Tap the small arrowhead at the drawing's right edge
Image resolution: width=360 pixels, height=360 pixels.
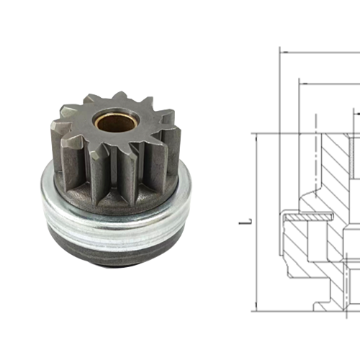coord(356,112)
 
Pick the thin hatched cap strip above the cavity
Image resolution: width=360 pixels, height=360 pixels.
coord(306,216)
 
